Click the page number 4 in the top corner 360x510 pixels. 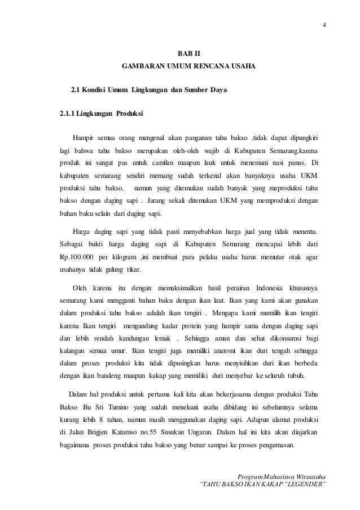click(x=324, y=24)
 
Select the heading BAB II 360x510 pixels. click(x=188, y=54)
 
